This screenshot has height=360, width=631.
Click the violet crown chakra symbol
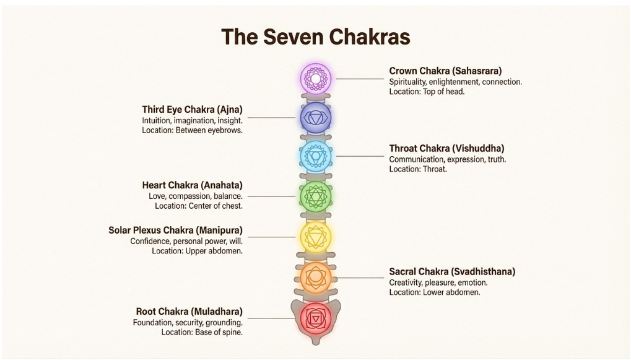(316, 79)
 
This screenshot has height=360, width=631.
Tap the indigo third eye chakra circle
(316, 118)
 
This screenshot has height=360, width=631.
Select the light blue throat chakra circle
(316, 156)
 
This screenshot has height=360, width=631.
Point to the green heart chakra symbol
(316, 196)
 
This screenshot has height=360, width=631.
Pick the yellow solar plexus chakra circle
(316, 236)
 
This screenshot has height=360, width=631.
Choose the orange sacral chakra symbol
(316, 277)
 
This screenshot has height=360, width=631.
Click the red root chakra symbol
(316, 318)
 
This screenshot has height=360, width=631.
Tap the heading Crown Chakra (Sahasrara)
(445, 71)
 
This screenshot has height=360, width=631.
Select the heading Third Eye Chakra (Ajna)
(192, 109)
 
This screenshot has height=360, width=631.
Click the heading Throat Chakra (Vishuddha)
(446, 149)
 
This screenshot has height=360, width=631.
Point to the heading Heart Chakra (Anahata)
(192, 185)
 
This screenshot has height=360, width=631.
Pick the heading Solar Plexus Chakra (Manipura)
(175, 230)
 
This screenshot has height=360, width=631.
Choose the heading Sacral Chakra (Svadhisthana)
(452, 271)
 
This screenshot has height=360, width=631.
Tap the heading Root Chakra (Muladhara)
(189, 311)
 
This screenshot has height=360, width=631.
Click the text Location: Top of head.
(427, 92)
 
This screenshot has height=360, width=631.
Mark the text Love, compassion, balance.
(196, 196)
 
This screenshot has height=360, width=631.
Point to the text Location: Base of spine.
(202, 333)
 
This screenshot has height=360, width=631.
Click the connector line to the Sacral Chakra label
(359, 278)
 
